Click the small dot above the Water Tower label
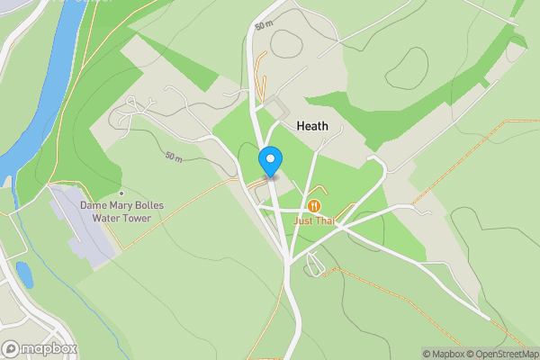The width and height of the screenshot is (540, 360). pos(121,193)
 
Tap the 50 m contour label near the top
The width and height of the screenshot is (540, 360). pos(263,26)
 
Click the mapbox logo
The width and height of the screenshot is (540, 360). pos(40,348)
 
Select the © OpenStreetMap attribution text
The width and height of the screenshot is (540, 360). pos(503,354)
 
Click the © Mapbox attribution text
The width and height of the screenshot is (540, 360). pos(444,354)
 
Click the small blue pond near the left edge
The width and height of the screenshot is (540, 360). pos(24,274)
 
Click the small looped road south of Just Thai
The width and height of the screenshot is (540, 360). pos(315,264)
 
